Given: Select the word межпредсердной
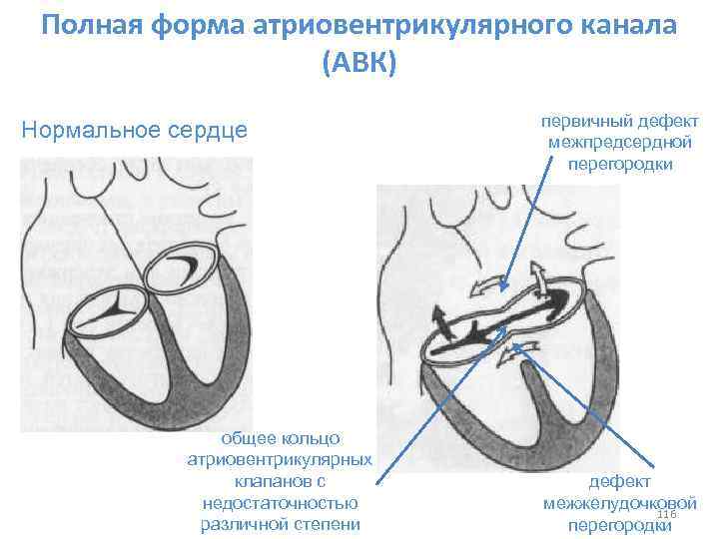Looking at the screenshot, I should click(x=619, y=142).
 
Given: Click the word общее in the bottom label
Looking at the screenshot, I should click(x=246, y=438).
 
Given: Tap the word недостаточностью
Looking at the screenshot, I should click(x=279, y=502).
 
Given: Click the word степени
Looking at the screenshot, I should click(x=325, y=523).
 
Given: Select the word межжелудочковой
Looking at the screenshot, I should click(x=619, y=503).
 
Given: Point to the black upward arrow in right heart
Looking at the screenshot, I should click(x=439, y=321).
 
